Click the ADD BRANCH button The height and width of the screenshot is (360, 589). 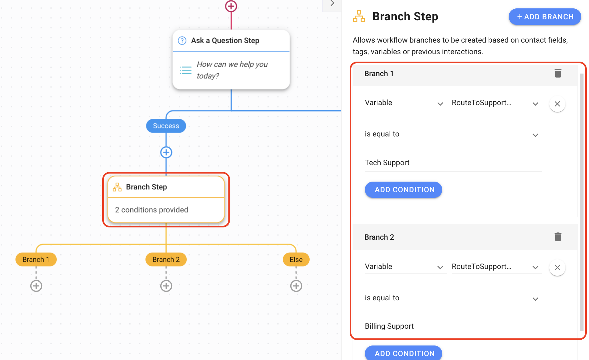pos(545,17)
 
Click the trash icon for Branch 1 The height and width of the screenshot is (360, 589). pos(558,73)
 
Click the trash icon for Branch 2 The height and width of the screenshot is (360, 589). pos(558,237)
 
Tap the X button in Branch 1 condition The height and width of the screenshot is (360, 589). pos(557,104)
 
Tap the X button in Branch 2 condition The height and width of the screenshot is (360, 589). pos(557,267)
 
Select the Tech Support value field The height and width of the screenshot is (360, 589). pos(453,163)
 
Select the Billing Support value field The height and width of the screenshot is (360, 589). pos(453,326)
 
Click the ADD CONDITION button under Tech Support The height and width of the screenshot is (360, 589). pos(404,190)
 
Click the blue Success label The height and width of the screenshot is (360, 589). pos(166,126)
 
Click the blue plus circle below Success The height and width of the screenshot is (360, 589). pos(166,152)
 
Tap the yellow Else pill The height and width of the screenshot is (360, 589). pos(296,260)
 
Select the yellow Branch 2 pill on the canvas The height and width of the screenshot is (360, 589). pos(166,260)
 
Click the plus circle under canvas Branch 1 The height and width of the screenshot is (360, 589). pos(36,286)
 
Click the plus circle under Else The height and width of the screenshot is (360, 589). pos(296,286)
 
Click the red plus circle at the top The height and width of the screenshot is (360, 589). pos(231,6)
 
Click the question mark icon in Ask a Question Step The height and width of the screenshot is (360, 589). pos(182,41)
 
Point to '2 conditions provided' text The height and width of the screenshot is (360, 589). pos(152,210)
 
